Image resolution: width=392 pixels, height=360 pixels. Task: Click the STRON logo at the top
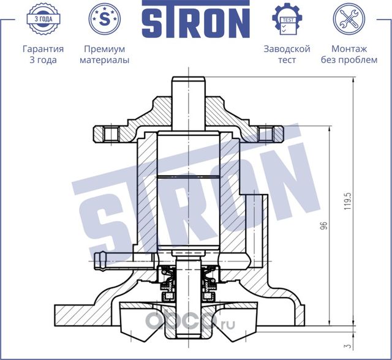(x=196, y=21)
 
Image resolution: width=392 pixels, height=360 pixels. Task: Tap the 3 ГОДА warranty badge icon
(x=43, y=18)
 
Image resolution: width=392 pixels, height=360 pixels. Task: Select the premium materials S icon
(x=104, y=18)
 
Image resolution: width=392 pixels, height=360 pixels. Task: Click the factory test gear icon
(x=287, y=18)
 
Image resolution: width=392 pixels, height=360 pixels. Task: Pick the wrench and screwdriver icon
(x=349, y=18)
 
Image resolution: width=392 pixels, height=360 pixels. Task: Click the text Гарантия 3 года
(x=43, y=54)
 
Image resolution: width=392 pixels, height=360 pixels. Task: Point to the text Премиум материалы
(x=104, y=54)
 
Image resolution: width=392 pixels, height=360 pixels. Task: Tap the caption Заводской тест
(x=287, y=54)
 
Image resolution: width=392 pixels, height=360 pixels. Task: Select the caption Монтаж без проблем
(x=349, y=54)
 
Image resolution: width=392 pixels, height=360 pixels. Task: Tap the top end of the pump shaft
(x=187, y=82)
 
